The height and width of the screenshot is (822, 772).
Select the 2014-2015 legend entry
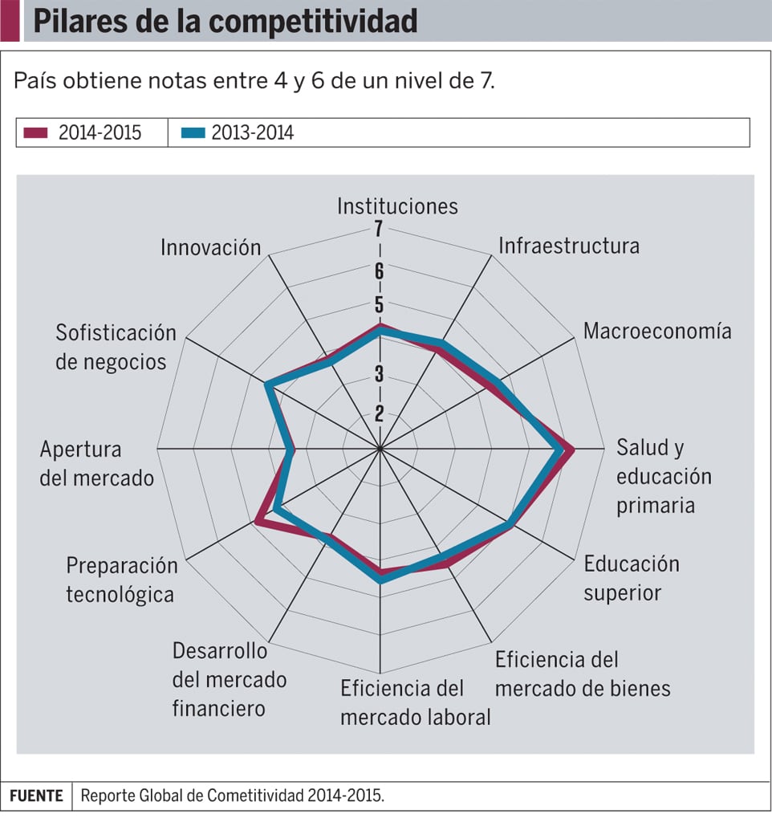coord(100,133)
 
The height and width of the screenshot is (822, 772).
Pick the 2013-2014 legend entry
coord(252,133)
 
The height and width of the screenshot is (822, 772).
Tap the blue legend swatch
coord(193,133)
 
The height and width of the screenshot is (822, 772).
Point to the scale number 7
coord(378,230)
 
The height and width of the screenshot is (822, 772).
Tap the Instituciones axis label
coord(397,206)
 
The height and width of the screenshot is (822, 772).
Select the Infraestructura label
coord(569,245)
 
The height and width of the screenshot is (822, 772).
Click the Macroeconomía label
coord(657,331)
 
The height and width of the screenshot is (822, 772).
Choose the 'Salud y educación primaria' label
coord(664,476)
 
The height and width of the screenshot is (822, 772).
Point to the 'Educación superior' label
coord(632,578)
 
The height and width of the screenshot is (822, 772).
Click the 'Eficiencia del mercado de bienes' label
coord(583,674)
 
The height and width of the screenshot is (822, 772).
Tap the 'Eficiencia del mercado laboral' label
coord(415,702)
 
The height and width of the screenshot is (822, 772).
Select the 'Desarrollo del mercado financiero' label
coord(230,679)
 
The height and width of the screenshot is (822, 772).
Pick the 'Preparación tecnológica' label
coord(122,580)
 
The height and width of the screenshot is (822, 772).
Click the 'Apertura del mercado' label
coord(96,463)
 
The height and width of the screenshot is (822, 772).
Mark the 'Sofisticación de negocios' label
coord(116,348)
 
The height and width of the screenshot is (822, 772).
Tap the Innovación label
coord(211,247)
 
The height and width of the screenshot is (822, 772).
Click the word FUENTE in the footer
coord(36,796)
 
